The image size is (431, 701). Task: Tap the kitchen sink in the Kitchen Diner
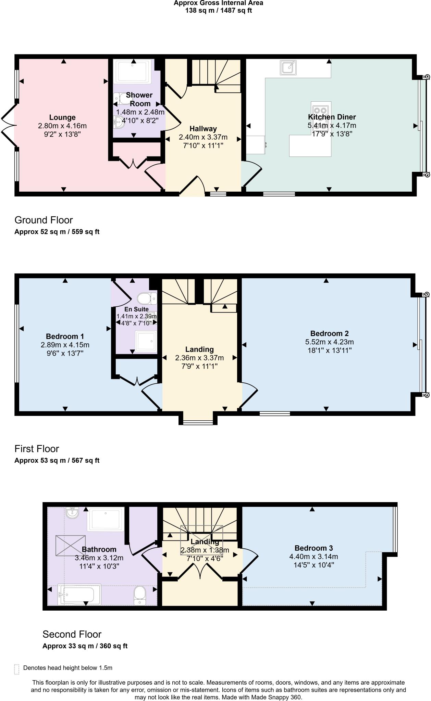point(288,67)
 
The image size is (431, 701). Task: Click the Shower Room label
point(139,99)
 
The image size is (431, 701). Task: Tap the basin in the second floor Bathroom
point(72,512)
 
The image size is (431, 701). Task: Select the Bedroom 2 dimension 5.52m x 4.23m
point(329,342)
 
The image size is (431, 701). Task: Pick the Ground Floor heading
point(44,220)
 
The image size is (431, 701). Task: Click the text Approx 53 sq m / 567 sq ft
point(57,460)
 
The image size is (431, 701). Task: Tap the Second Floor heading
point(72,634)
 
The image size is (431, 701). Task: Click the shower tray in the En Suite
point(146,341)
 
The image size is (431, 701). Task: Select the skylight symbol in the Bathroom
point(71,546)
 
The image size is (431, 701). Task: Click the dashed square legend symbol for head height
point(16,669)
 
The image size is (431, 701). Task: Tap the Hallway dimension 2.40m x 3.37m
point(203,137)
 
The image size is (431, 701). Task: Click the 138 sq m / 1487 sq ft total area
point(219,10)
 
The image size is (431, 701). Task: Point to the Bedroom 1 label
point(65,336)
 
